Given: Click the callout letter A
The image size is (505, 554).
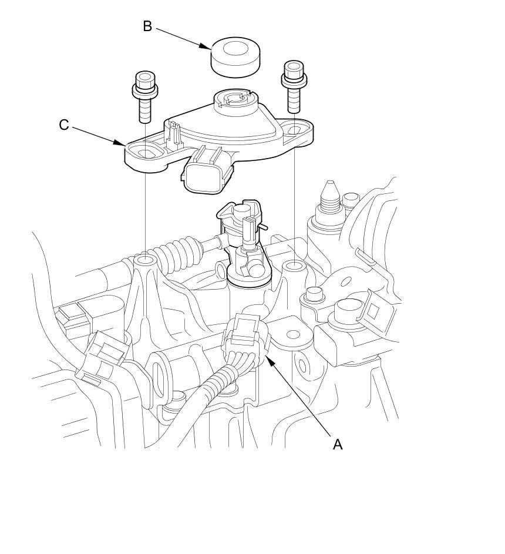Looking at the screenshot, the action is pos(338,444).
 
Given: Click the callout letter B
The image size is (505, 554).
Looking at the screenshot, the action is pos(147,26).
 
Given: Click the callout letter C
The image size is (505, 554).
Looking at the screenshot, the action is pos(63,125).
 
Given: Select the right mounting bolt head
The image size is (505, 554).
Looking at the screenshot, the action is pos(294,75).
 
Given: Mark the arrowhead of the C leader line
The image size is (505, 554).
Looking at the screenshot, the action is pos(119,143).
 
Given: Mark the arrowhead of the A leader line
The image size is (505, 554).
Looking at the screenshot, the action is pos(269,360).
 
